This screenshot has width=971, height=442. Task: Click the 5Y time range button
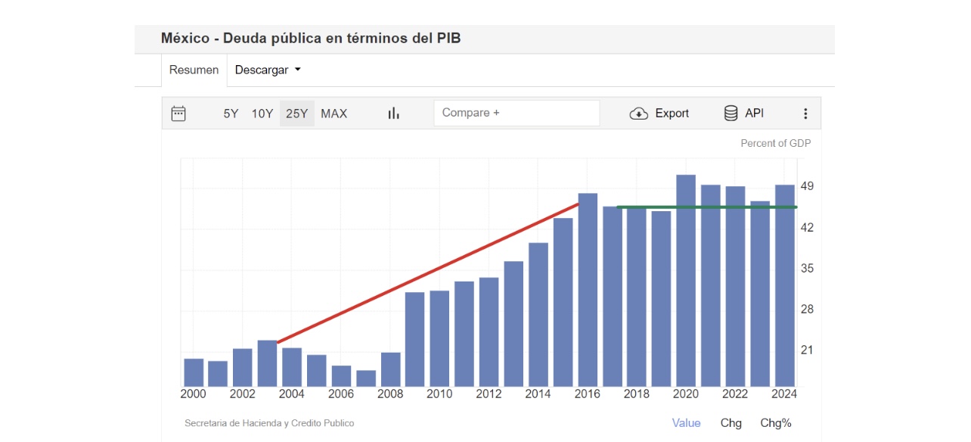(x=231, y=114)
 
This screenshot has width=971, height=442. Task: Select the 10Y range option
(x=262, y=114)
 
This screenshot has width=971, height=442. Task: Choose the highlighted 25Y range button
(x=296, y=114)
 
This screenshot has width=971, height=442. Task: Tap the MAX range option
(x=333, y=114)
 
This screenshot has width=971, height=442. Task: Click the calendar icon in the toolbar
(x=178, y=114)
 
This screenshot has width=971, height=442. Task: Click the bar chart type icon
(x=393, y=114)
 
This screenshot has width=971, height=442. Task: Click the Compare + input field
(x=517, y=113)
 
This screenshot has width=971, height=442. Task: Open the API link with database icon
(x=744, y=114)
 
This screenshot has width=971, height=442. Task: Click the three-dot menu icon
(x=805, y=114)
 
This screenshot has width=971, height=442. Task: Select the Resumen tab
(x=194, y=70)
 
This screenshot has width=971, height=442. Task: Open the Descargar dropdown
(x=268, y=70)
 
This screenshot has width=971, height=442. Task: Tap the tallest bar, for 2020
(x=686, y=280)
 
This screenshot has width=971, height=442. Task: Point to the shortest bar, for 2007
(x=366, y=378)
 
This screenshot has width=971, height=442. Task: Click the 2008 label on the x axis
(x=390, y=394)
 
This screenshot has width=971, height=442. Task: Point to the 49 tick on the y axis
(x=806, y=187)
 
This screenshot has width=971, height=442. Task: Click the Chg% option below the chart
(x=776, y=423)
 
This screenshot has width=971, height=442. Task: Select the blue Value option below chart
(x=686, y=423)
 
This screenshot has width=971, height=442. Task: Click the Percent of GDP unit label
(x=775, y=143)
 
